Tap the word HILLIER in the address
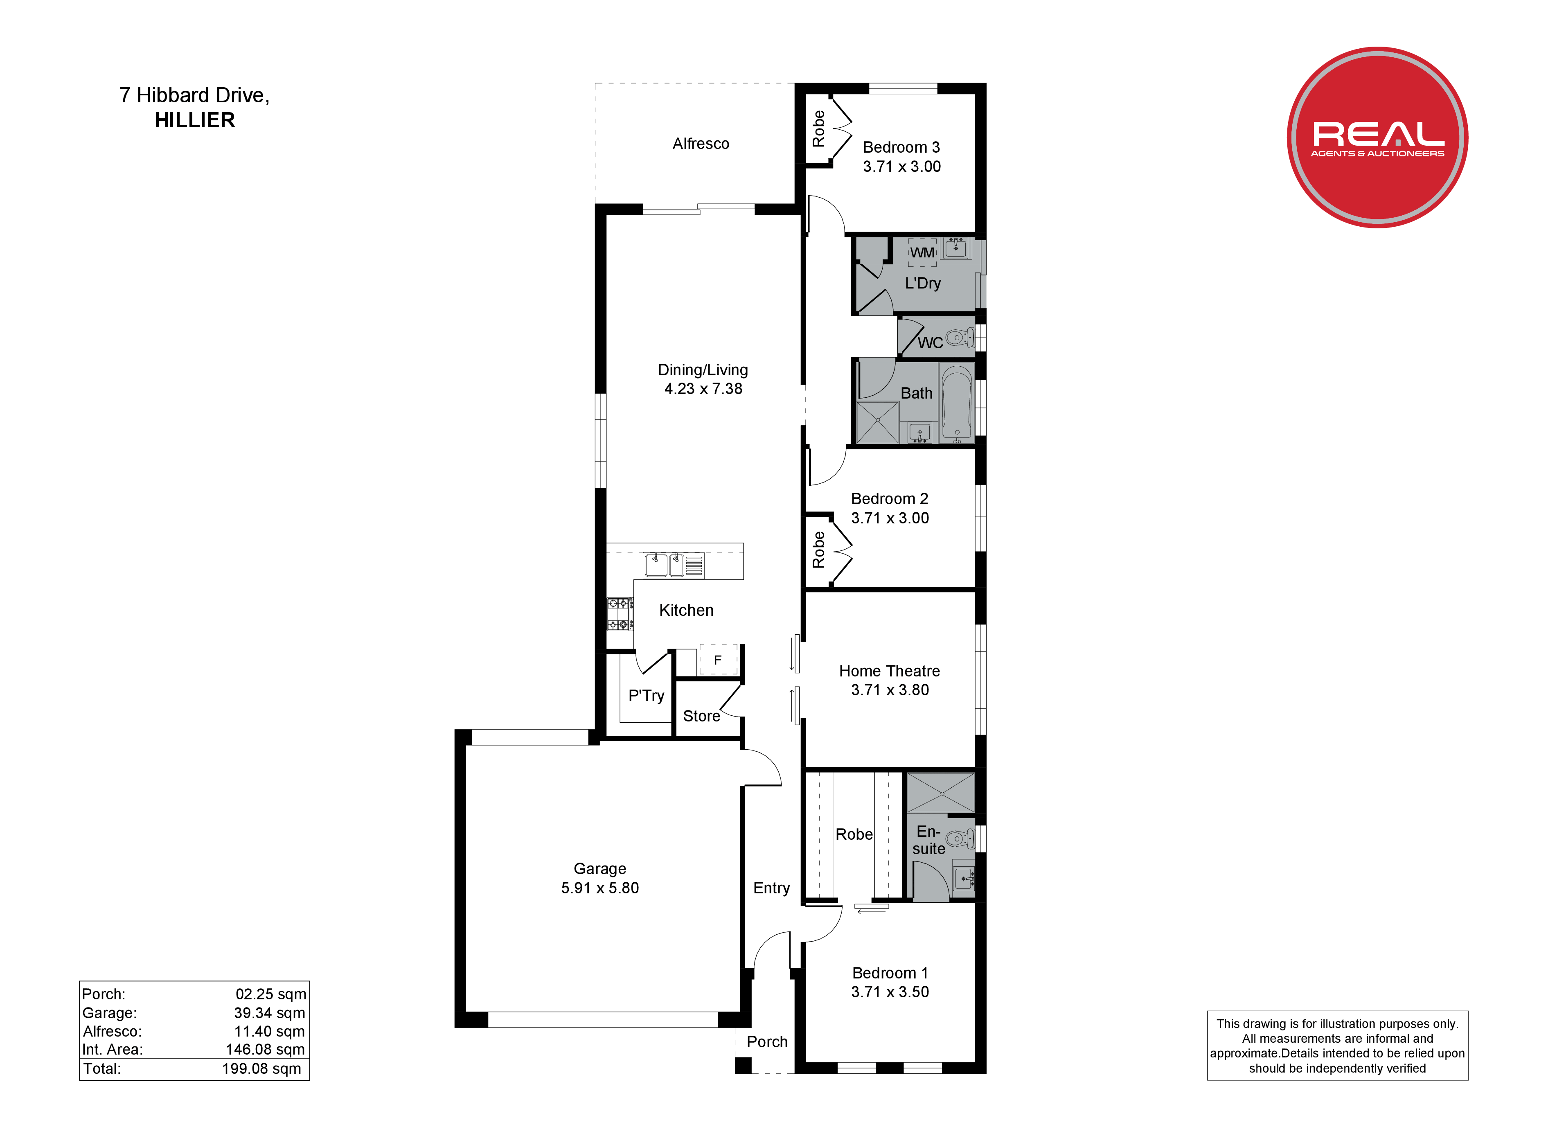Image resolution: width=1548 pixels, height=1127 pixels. [194, 120]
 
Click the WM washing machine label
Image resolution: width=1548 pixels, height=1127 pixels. [922, 252]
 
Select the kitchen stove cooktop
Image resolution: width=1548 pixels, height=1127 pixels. [620, 614]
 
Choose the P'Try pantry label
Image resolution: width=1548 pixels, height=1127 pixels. [646, 696]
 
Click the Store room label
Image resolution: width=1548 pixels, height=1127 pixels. [701, 716]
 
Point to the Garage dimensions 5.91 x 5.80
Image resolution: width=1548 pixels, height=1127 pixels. [600, 888]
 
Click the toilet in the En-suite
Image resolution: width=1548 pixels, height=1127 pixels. [960, 838]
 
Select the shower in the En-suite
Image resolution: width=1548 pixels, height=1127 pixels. [940, 793]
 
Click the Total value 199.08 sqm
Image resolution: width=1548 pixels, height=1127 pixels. [261, 1069]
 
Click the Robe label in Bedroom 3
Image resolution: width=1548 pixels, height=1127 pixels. [818, 128]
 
